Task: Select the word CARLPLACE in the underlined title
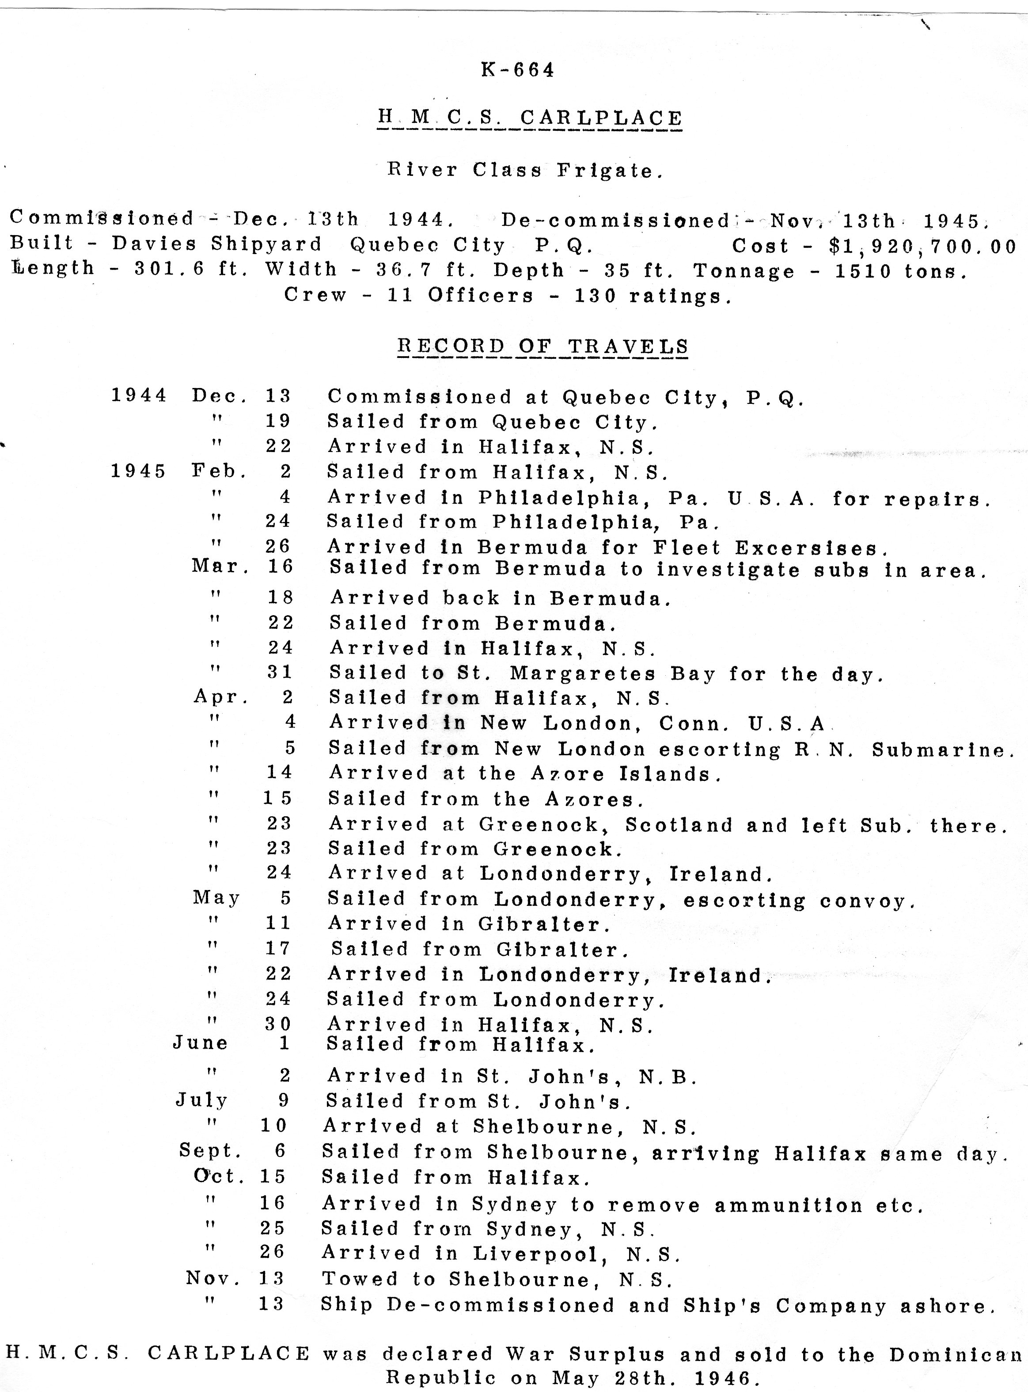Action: pos(601,118)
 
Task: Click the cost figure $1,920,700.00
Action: pos(923,247)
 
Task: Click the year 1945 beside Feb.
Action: pos(139,471)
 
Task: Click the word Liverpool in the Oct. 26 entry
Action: pos(539,1253)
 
